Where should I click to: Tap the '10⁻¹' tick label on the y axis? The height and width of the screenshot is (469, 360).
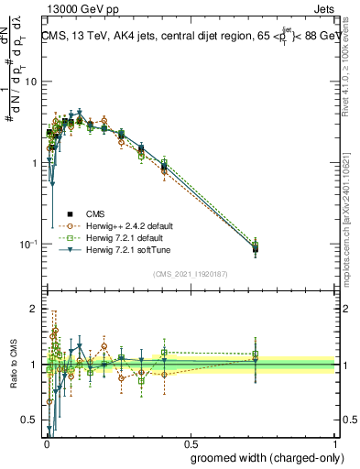(27, 245)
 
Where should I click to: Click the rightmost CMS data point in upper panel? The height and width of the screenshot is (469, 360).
(256, 247)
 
